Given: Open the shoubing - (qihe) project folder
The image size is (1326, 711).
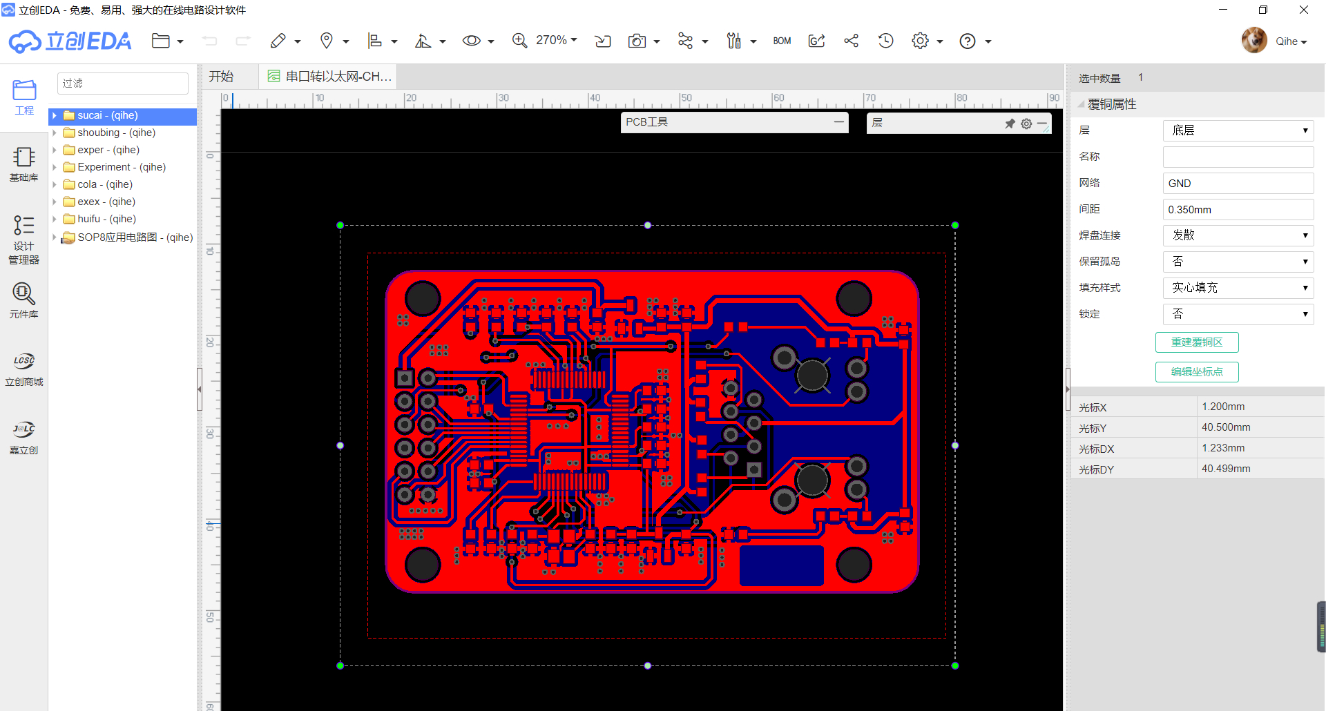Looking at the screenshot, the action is (116, 133).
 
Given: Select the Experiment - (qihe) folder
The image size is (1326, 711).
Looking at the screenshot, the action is (122, 167).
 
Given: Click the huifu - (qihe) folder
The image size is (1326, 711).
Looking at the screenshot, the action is (106, 219).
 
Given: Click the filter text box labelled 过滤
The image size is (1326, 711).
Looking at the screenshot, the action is (123, 84).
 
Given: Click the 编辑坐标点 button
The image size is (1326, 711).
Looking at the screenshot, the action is (1197, 372).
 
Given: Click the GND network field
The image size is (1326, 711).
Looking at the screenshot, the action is (1238, 184).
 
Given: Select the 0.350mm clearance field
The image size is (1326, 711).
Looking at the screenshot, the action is (1238, 210).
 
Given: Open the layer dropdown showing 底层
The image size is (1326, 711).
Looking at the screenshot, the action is (1238, 130).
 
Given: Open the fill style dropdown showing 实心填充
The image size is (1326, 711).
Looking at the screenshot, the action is (1238, 288).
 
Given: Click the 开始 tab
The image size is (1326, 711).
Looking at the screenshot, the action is (222, 77).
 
